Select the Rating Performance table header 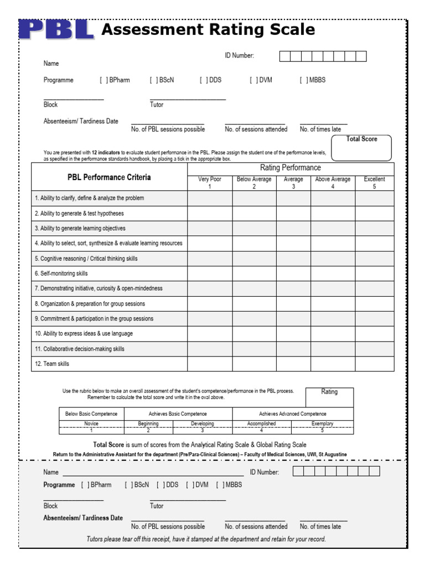tap(291, 167)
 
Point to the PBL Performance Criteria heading tap(109, 177)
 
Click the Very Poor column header tap(210, 182)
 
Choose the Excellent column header tap(374, 182)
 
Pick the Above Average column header tap(333, 182)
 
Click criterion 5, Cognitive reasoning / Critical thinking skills tap(86, 258)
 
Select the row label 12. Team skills tap(52, 364)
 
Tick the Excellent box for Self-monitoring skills tap(374, 273)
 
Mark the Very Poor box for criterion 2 tap(210, 213)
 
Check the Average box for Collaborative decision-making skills tap(293, 349)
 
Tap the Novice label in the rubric tap(91, 423)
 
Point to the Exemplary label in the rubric tap(322, 423)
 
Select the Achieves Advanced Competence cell tap(292, 413)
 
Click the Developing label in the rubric tap(202, 423)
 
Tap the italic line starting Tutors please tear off tap(206, 539)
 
